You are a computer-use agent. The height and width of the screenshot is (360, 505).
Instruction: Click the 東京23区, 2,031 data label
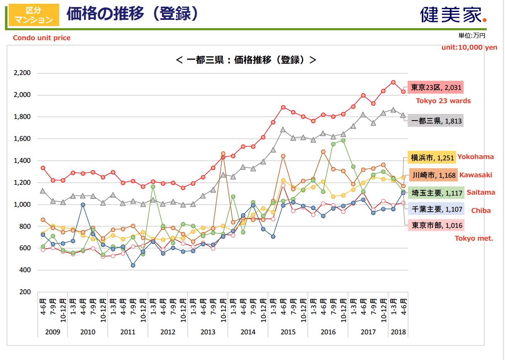click(435, 87)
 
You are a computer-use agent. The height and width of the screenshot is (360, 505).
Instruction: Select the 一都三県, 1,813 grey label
click(435, 121)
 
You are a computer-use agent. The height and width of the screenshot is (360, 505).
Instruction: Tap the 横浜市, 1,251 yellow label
click(431, 157)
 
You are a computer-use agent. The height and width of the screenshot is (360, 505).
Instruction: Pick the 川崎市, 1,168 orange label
click(433, 175)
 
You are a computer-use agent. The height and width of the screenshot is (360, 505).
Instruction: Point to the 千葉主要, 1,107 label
click(436, 209)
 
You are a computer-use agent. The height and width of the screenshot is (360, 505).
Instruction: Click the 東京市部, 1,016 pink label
click(436, 225)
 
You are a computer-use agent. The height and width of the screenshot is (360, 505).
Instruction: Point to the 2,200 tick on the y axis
click(22, 73)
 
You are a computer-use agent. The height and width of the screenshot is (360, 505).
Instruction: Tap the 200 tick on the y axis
click(25, 292)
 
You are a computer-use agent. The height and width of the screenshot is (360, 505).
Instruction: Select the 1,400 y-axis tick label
click(22, 161)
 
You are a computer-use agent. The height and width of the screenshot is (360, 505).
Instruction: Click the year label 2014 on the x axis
click(248, 332)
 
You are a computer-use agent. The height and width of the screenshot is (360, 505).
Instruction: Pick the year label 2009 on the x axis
click(53, 332)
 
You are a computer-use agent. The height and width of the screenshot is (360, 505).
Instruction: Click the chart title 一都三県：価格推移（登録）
click(246, 60)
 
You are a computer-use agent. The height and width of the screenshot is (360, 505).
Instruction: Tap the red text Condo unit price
click(42, 38)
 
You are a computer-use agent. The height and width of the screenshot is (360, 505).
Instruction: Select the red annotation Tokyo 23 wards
click(443, 101)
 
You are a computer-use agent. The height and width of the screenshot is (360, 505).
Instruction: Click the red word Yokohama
click(476, 157)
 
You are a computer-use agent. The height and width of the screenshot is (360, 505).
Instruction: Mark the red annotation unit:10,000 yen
click(469, 47)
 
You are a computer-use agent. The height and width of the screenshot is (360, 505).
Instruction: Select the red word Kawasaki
click(476, 175)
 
